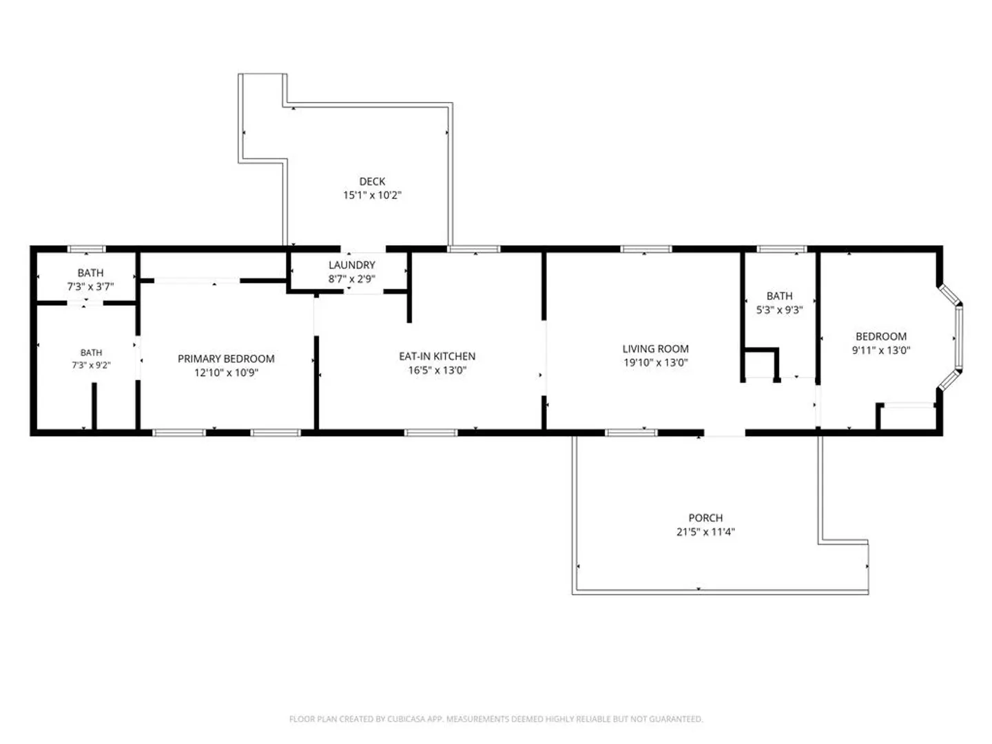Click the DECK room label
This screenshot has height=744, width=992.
pyautogui.click(x=372, y=181)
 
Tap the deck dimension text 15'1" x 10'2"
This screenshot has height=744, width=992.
pyautogui.click(x=372, y=195)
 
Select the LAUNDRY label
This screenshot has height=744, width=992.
pyautogui.click(x=351, y=265)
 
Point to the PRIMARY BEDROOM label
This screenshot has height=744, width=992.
pyautogui.click(x=226, y=359)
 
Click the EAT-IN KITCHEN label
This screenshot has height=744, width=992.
pyautogui.click(x=437, y=356)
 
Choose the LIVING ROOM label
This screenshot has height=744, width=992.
pyautogui.click(x=655, y=349)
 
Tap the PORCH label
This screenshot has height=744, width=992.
pyautogui.click(x=705, y=517)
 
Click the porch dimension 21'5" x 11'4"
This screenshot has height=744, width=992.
pyautogui.click(x=705, y=532)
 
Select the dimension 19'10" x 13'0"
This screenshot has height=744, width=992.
pyautogui.click(x=655, y=362)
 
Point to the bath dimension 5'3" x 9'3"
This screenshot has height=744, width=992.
pyautogui.click(x=779, y=310)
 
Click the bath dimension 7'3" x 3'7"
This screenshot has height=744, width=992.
pyautogui.click(x=90, y=287)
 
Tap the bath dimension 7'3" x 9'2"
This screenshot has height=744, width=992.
pyautogui.click(x=91, y=365)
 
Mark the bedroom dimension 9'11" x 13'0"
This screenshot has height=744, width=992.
pyautogui.click(x=881, y=350)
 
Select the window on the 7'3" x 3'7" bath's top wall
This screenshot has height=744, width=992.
pyautogui.click(x=86, y=249)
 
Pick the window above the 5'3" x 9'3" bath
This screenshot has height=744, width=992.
pyautogui.click(x=781, y=249)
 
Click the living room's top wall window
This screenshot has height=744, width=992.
pyautogui.click(x=645, y=249)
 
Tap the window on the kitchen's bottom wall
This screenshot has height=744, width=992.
pyautogui.click(x=431, y=433)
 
